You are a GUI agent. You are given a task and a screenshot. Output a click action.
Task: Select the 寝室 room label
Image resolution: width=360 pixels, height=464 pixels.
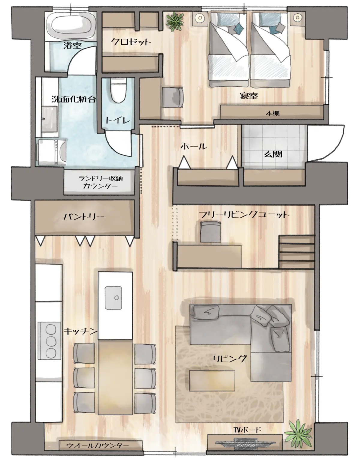click(249, 95)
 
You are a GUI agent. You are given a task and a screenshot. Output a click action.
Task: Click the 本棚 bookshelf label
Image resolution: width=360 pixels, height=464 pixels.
click(273, 113)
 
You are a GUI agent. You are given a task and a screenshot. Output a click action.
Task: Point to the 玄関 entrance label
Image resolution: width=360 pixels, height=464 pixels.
click(273, 154)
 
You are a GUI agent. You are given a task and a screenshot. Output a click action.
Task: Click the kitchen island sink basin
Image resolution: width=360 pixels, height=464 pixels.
click(113, 298)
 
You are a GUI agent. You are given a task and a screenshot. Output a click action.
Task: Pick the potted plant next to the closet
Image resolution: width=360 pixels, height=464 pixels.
click(175, 22)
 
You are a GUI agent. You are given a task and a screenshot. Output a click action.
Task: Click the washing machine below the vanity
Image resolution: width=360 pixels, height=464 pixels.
click(51, 152)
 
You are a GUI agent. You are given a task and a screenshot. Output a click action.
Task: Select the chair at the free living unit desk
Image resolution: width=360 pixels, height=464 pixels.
click(210, 232)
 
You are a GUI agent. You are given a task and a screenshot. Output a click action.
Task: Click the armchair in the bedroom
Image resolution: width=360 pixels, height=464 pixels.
click(172, 97)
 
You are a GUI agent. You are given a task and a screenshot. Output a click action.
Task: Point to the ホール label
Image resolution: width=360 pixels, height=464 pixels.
click(193, 146)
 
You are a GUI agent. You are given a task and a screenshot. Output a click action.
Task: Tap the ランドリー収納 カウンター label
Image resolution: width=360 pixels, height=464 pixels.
click(100, 182)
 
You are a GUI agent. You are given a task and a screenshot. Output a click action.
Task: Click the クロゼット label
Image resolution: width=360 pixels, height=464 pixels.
click(131, 42)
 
